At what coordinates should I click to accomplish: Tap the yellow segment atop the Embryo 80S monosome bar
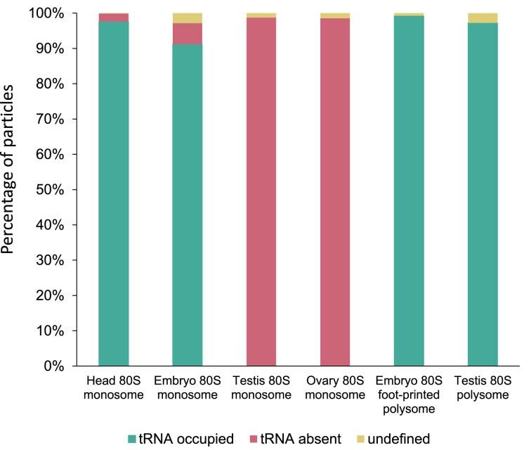tap(187, 18)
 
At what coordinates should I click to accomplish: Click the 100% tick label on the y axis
tap(65, 14)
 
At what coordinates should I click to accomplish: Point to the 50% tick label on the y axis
tap(67, 190)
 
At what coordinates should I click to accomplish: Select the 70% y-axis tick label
tap(67, 120)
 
